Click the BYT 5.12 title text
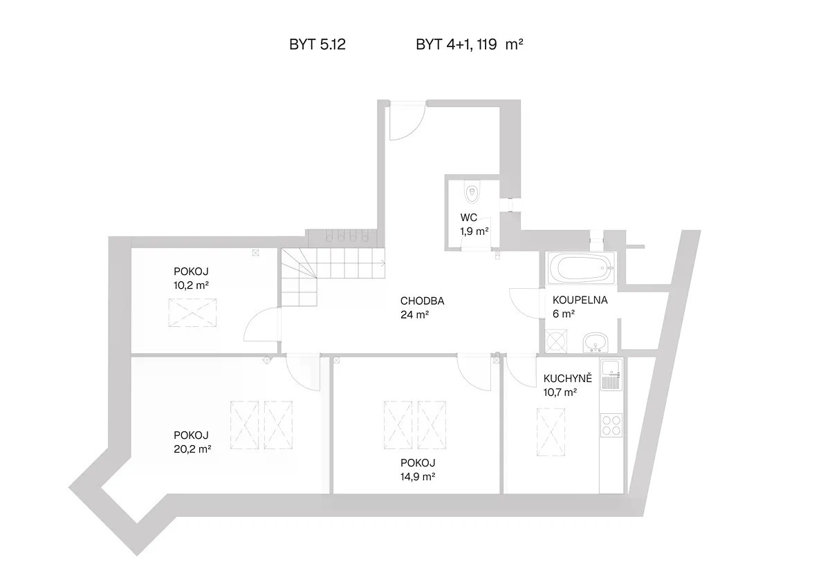(317, 45)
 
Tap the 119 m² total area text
(500, 45)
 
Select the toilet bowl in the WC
(472, 193)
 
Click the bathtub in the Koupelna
(581, 268)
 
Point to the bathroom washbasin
(596, 342)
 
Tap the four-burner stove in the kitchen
(611, 426)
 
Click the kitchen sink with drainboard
(611, 375)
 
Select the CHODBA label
(422, 301)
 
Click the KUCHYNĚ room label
(568, 378)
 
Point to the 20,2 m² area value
(192, 449)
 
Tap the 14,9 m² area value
(418, 476)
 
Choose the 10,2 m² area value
(191, 285)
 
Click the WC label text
(469, 217)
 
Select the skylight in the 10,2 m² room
(192, 313)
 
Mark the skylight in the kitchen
(551, 432)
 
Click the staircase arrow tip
(385, 263)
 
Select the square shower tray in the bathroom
(557, 341)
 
